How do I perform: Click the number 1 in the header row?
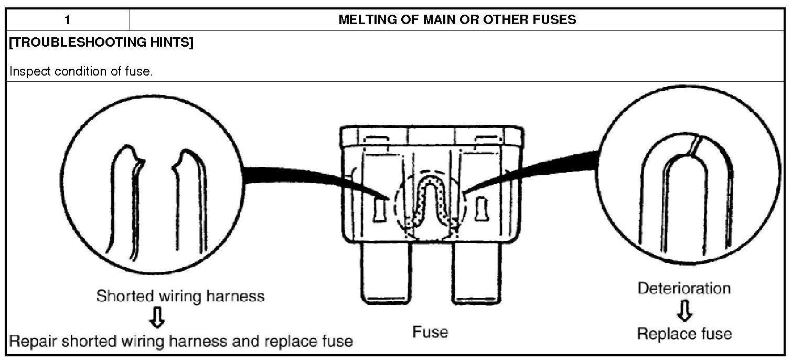[68, 20]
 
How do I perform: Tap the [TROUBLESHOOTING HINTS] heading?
[101, 43]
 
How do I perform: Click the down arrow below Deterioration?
[684, 312]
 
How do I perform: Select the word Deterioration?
[684, 288]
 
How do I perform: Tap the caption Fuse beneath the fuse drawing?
[430, 332]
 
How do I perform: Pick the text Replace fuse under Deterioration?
[684, 333]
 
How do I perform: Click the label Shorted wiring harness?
[180, 296]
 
